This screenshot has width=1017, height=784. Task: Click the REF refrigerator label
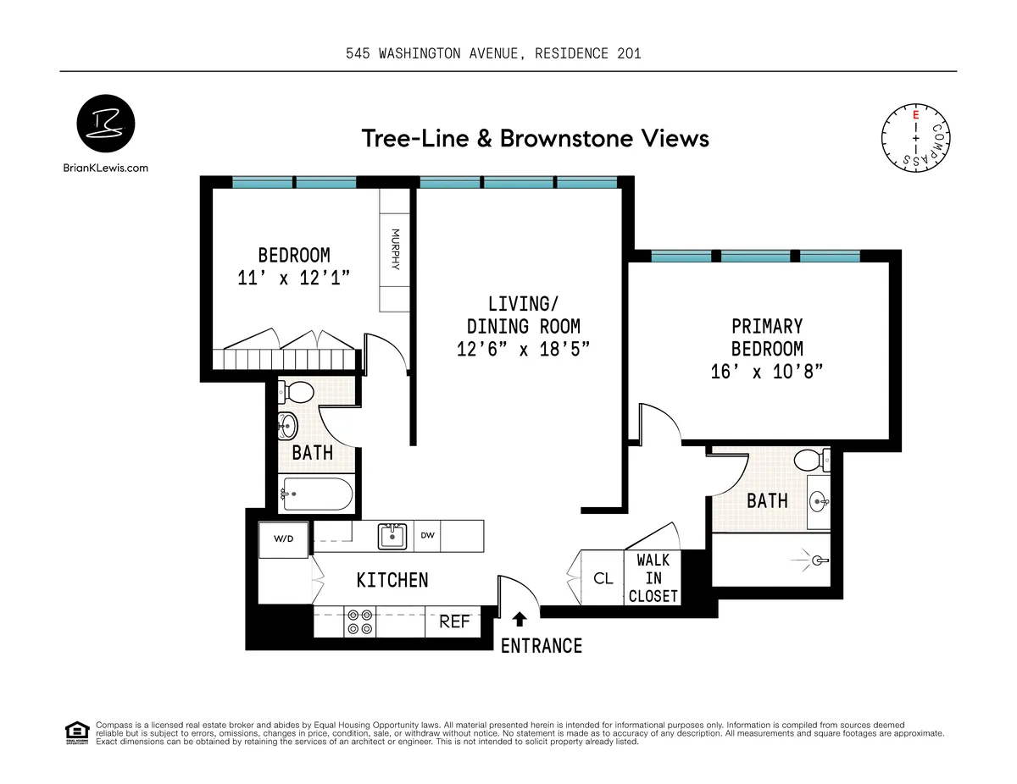[x=454, y=621]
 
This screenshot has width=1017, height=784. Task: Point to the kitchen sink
[x=392, y=536]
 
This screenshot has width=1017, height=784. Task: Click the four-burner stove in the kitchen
[x=359, y=622]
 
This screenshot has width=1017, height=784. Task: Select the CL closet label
[x=603, y=579]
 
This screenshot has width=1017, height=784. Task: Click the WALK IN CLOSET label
[x=653, y=578]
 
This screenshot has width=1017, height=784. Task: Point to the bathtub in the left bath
[x=316, y=493]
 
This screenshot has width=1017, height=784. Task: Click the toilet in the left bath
[x=297, y=392]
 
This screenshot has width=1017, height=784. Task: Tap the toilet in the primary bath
[x=810, y=461]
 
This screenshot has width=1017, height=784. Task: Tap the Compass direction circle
[x=916, y=136]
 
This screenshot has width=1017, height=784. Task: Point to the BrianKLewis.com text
[x=106, y=168]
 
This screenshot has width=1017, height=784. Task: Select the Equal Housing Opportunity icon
[x=77, y=732]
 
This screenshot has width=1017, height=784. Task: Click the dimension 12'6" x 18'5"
[x=523, y=349]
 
